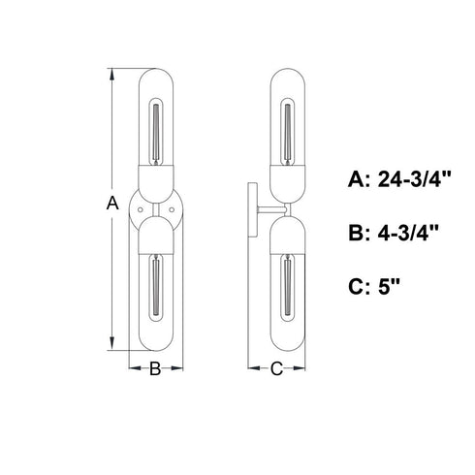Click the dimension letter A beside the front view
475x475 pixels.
112,203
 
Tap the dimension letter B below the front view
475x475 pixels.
155,368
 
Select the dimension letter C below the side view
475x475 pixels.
276,368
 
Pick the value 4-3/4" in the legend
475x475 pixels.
408,233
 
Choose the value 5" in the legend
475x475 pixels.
389,286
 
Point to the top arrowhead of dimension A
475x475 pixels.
112,74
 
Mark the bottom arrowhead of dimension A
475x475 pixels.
112,344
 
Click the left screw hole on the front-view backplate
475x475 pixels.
140,210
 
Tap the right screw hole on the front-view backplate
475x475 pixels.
172,210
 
